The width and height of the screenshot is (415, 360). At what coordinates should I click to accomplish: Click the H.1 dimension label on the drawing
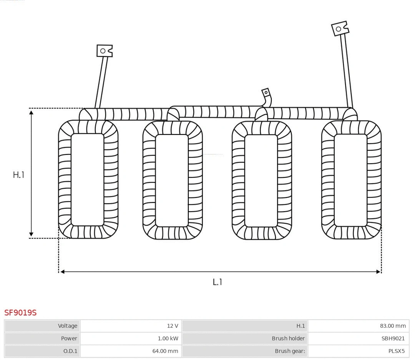tap(18, 175)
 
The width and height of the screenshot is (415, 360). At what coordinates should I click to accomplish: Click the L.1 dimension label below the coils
tap(217, 282)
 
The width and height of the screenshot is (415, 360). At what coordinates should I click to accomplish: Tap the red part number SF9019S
tap(20, 313)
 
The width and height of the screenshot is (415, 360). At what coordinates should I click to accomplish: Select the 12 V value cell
tap(173, 326)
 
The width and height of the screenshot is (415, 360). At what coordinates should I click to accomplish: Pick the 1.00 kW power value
tap(168, 338)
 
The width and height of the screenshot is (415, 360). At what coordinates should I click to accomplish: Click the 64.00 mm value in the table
tap(165, 351)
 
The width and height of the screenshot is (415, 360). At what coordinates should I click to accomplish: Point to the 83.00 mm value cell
tap(393, 326)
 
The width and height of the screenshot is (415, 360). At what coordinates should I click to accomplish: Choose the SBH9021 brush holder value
tap(393, 338)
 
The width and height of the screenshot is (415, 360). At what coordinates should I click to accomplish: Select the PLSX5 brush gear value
tap(397, 351)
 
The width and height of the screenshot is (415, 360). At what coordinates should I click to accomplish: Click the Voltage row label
tap(68, 326)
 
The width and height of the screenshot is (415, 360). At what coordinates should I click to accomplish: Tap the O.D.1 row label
tap(70, 351)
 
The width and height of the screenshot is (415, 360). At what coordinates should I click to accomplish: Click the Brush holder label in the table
tap(288, 338)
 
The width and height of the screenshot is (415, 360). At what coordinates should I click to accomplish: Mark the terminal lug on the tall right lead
tap(340, 28)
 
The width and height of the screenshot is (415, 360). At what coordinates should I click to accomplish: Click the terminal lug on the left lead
tap(104, 51)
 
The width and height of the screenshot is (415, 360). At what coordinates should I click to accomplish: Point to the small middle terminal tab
tap(266, 93)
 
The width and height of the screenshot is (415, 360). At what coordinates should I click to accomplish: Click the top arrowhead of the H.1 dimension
tap(32, 111)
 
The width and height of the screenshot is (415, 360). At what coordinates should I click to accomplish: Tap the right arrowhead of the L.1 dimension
tap(378, 272)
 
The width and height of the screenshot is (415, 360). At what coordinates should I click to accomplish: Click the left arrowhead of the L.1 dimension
tap(62, 272)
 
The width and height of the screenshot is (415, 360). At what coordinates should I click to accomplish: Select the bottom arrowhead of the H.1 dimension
tap(32, 234)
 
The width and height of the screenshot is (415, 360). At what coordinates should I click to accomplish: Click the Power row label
tap(69, 338)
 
